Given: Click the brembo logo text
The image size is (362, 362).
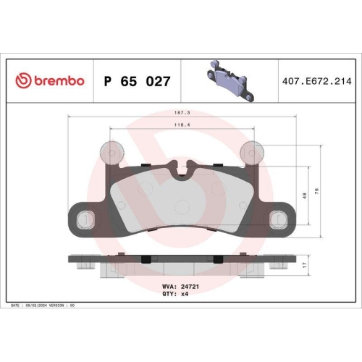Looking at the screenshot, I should pyautogui.click(x=57, y=81).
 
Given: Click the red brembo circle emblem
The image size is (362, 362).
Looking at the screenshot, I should pyautogui.click(x=21, y=81).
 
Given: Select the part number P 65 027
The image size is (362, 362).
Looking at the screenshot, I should pyautogui.click(x=138, y=81).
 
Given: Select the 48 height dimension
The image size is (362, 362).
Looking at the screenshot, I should pyautogui.click(x=306, y=195).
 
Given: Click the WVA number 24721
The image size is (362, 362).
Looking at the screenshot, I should pyautogui.click(x=189, y=287).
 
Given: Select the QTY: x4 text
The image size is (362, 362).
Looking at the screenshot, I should pyautogui.click(x=179, y=295).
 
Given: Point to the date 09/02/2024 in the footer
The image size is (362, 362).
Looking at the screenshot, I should pyautogui.click(x=36, y=306).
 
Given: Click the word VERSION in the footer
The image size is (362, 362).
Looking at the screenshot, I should pyautogui.click(x=57, y=306).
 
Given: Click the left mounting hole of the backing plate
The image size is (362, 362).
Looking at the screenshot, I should pyautogui.click(x=84, y=218).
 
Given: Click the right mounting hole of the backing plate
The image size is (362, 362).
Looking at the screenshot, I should pyautogui.click(x=279, y=218).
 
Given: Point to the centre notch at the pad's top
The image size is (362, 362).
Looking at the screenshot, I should pyautogui.click(x=182, y=171).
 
